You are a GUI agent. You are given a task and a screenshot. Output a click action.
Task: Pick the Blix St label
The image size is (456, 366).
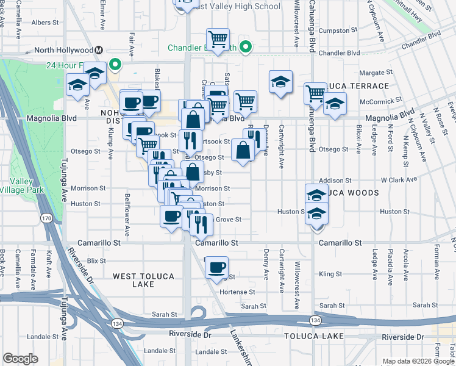(96, 260)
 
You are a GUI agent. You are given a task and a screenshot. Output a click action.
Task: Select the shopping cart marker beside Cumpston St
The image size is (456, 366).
(218, 39)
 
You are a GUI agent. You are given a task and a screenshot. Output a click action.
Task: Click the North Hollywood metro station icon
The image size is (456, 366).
(98, 50)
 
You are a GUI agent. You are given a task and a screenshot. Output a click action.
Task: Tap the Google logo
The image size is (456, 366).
(20, 359)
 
